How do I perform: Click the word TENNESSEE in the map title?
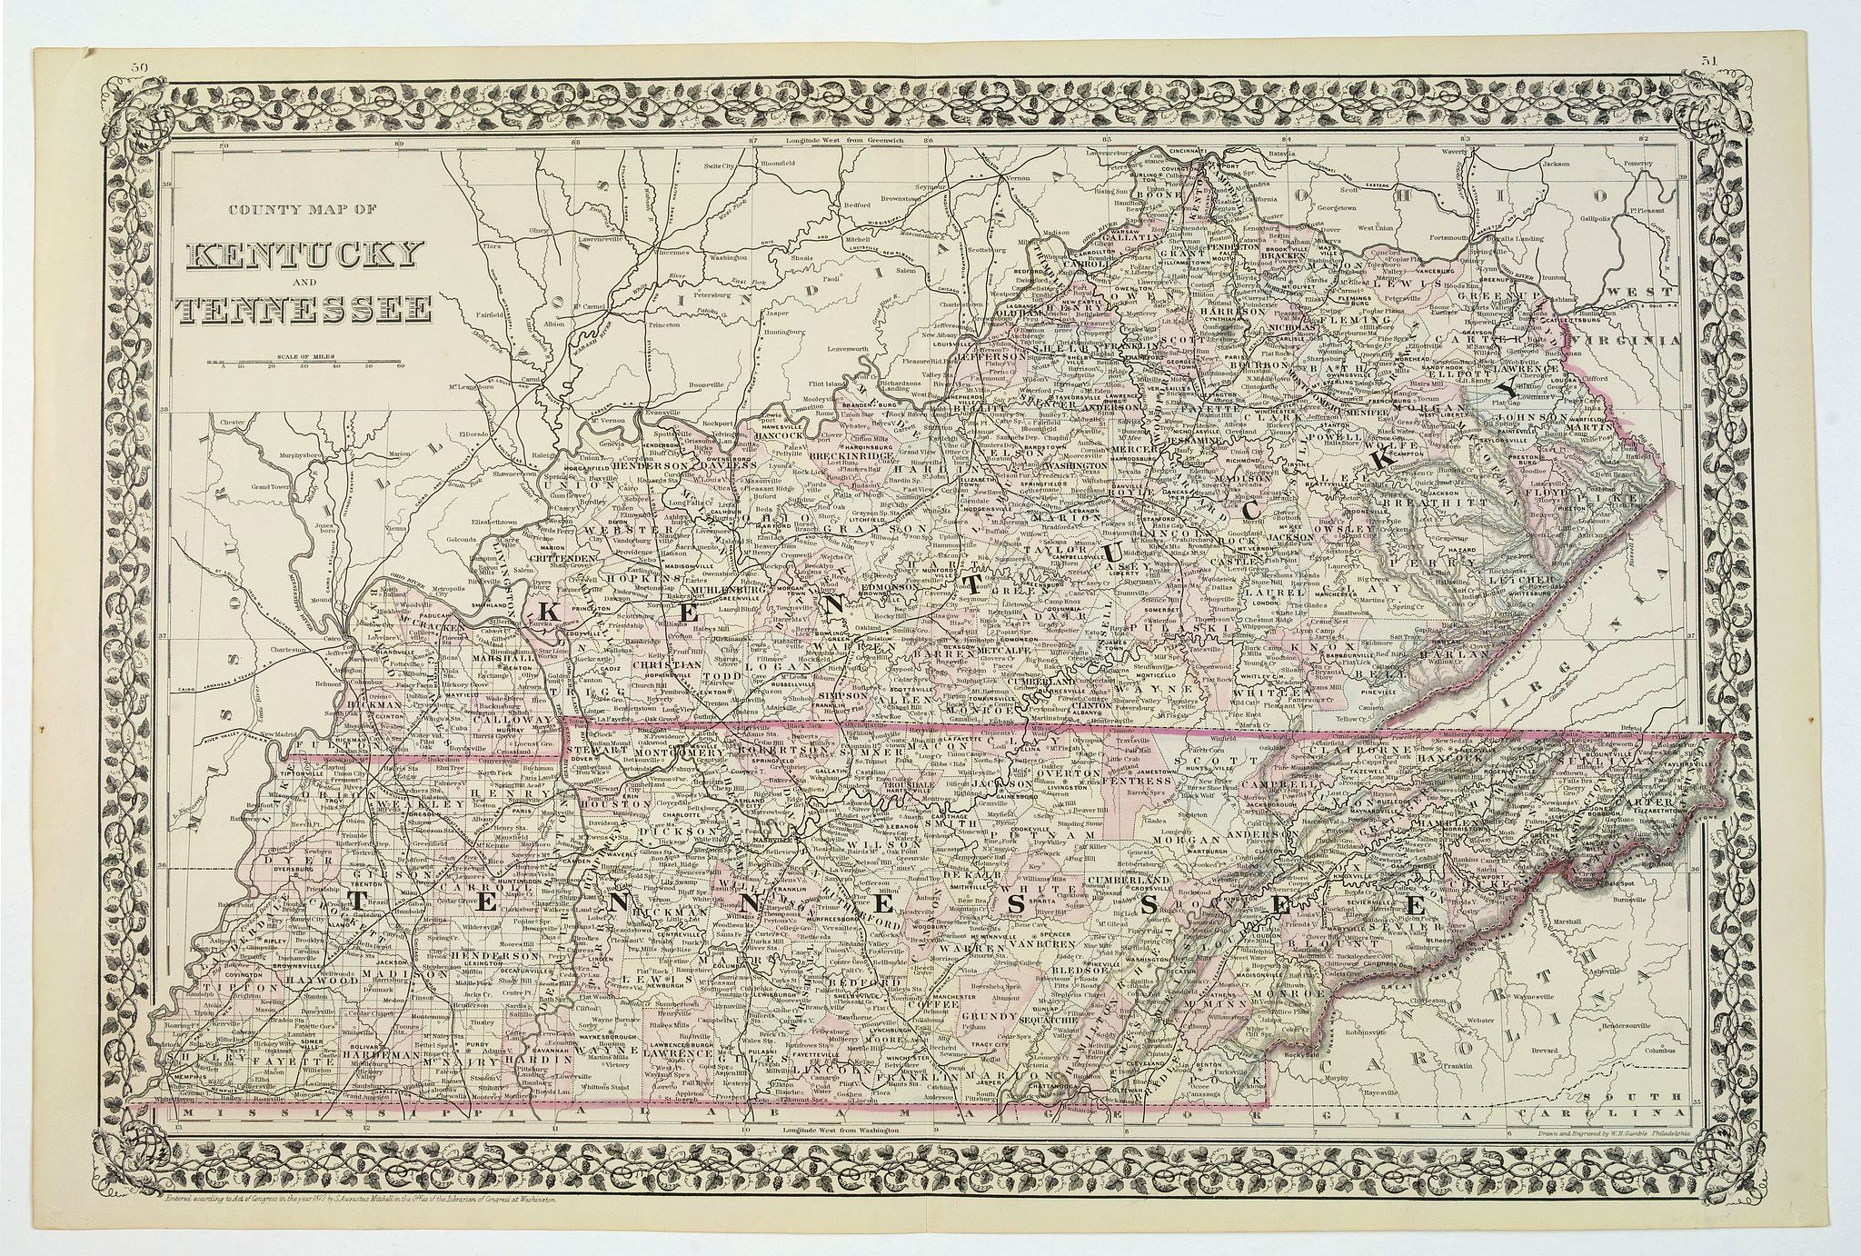coord(304,311)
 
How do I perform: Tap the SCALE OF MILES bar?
coord(310,363)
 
